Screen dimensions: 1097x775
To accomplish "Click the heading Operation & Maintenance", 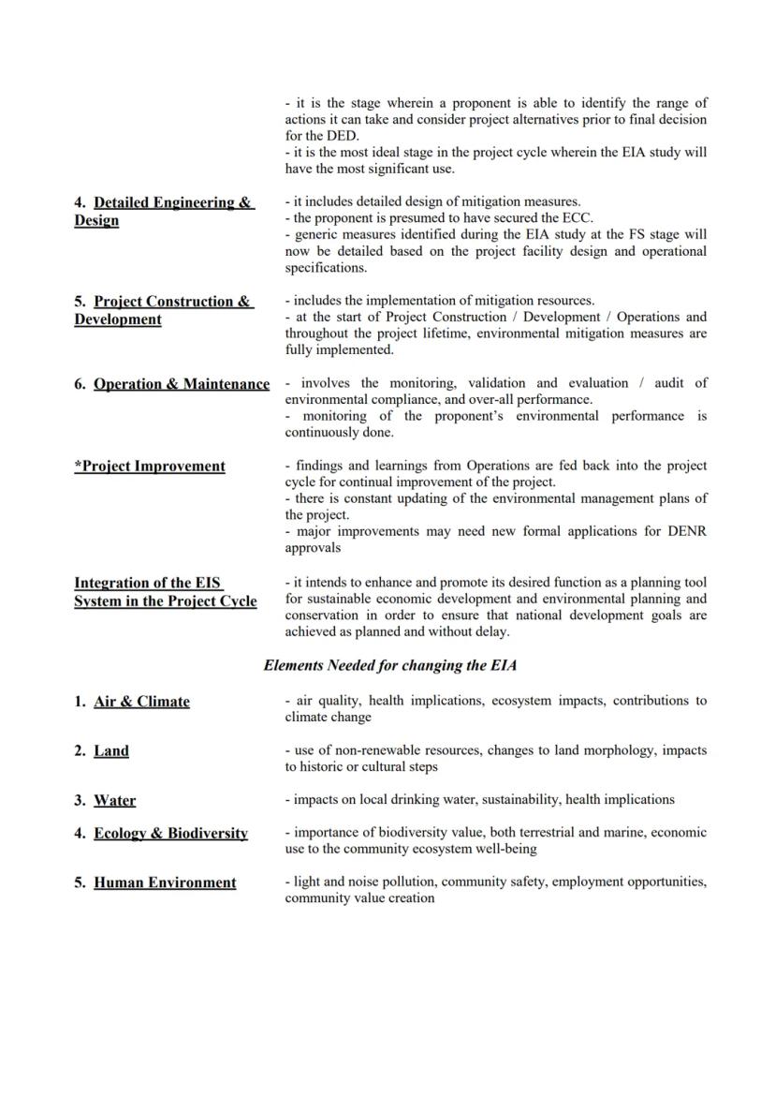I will pyautogui.click(x=182, y=384).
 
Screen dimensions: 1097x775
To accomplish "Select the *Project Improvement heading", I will pyautogui.click(x=150, y=467).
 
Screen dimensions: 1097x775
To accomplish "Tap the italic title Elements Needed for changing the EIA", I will pyautogui.click(x=390, y=666).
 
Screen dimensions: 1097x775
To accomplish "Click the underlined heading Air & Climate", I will pyautogui.click(x=141, y=702).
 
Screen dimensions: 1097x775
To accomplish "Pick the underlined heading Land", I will pyautogui.click(x=111, y=751).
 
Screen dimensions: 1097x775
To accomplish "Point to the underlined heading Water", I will pyautogui.click(x=114, y=801).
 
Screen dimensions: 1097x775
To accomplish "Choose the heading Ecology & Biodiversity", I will pyautogui.click(x=170, y=833).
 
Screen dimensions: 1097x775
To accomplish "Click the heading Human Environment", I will pyautogui.click(x=165, y=882).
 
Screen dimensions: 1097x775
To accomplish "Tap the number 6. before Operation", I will pyautogui.click(x=80, y=384).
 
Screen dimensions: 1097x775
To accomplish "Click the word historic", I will pyautogui.click(x=325, y=766).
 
